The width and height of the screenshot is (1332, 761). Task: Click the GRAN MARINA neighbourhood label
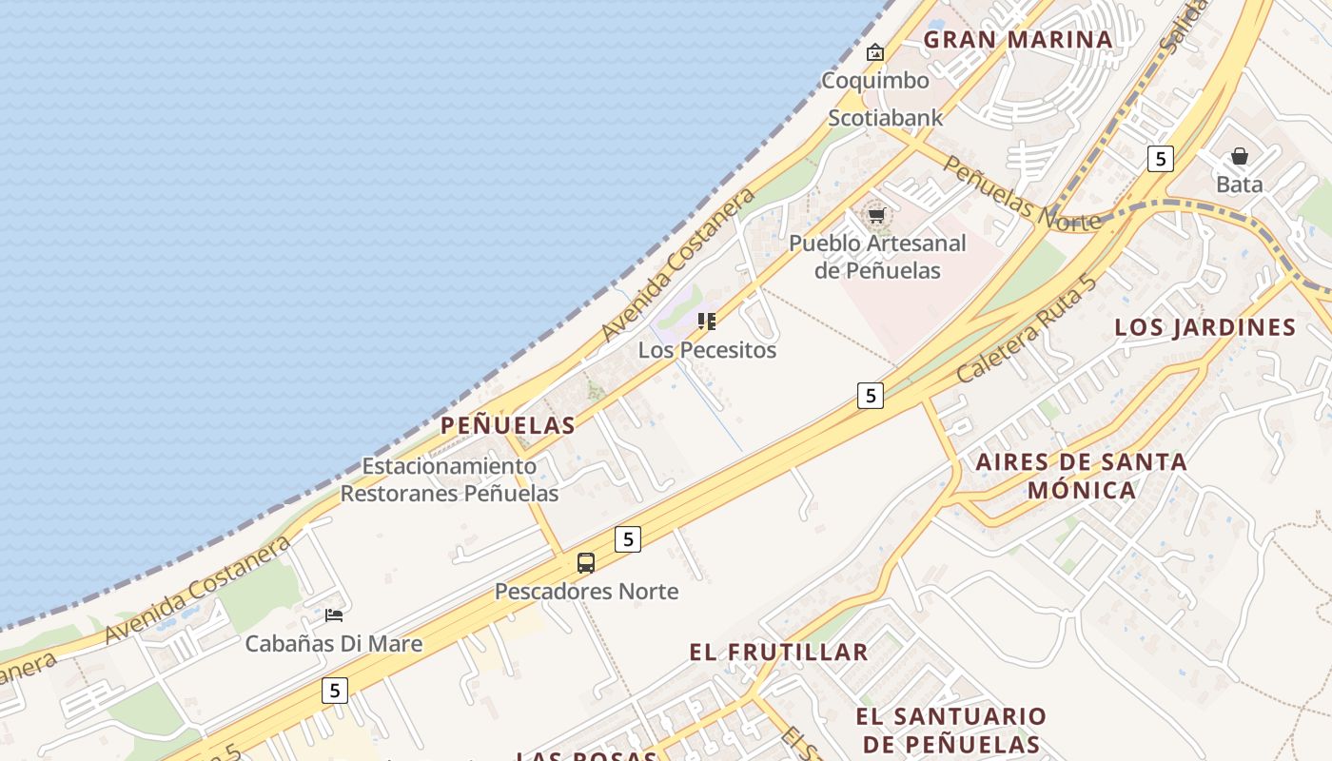coord(1018,39)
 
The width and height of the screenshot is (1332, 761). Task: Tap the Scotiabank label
coord(885,118)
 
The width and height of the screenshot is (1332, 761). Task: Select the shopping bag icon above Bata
coord(1240,156)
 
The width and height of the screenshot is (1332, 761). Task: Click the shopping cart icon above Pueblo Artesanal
coord(876,215)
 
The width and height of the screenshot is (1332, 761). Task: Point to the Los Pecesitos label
coord(707,350)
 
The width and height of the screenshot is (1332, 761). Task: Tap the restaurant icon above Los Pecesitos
coord(706,322)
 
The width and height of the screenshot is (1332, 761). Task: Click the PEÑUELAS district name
coord(508,425)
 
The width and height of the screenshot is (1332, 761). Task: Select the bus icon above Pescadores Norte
coord(586,563)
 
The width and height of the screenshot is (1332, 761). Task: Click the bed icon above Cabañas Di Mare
coord(334,615)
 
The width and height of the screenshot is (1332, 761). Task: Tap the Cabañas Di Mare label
coord(334,644)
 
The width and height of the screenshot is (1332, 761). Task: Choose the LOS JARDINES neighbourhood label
coord(1205,327)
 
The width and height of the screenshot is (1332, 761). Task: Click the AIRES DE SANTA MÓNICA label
coord(1082,476)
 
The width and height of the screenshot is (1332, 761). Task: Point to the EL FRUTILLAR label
coord(778,652)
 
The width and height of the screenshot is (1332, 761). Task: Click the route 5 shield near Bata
coord(1160,158)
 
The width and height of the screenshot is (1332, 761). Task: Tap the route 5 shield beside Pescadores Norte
coord(627,539)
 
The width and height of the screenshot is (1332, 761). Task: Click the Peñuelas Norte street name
coord(1022,194)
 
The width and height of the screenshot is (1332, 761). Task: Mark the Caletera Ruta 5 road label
coord(1028,327)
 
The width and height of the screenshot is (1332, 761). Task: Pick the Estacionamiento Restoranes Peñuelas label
coord(449,479)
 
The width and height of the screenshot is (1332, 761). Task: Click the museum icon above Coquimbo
coord(875,52)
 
